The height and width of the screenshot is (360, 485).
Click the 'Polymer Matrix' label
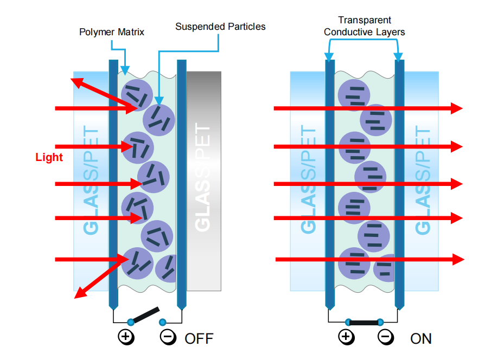point(112,32)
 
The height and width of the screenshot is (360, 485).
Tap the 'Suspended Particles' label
point(220,26)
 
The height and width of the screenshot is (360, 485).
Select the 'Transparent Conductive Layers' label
point(364,26)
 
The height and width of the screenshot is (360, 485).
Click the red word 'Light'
point(49,158)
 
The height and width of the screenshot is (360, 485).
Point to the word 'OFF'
point(199,339)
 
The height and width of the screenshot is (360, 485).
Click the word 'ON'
point(421,339)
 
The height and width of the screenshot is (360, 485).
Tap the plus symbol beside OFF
point(126,337)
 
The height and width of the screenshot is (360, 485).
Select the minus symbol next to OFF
point(168,337)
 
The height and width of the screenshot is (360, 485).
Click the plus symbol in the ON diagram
point(346,337)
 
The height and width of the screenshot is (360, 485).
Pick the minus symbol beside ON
point(385,337)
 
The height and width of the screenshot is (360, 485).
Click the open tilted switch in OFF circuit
point(145,316)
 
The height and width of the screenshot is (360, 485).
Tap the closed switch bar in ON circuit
point(364,322)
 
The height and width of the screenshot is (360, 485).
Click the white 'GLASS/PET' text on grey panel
point(202,179)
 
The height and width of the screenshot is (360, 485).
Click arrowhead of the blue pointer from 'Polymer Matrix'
point(125,70)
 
